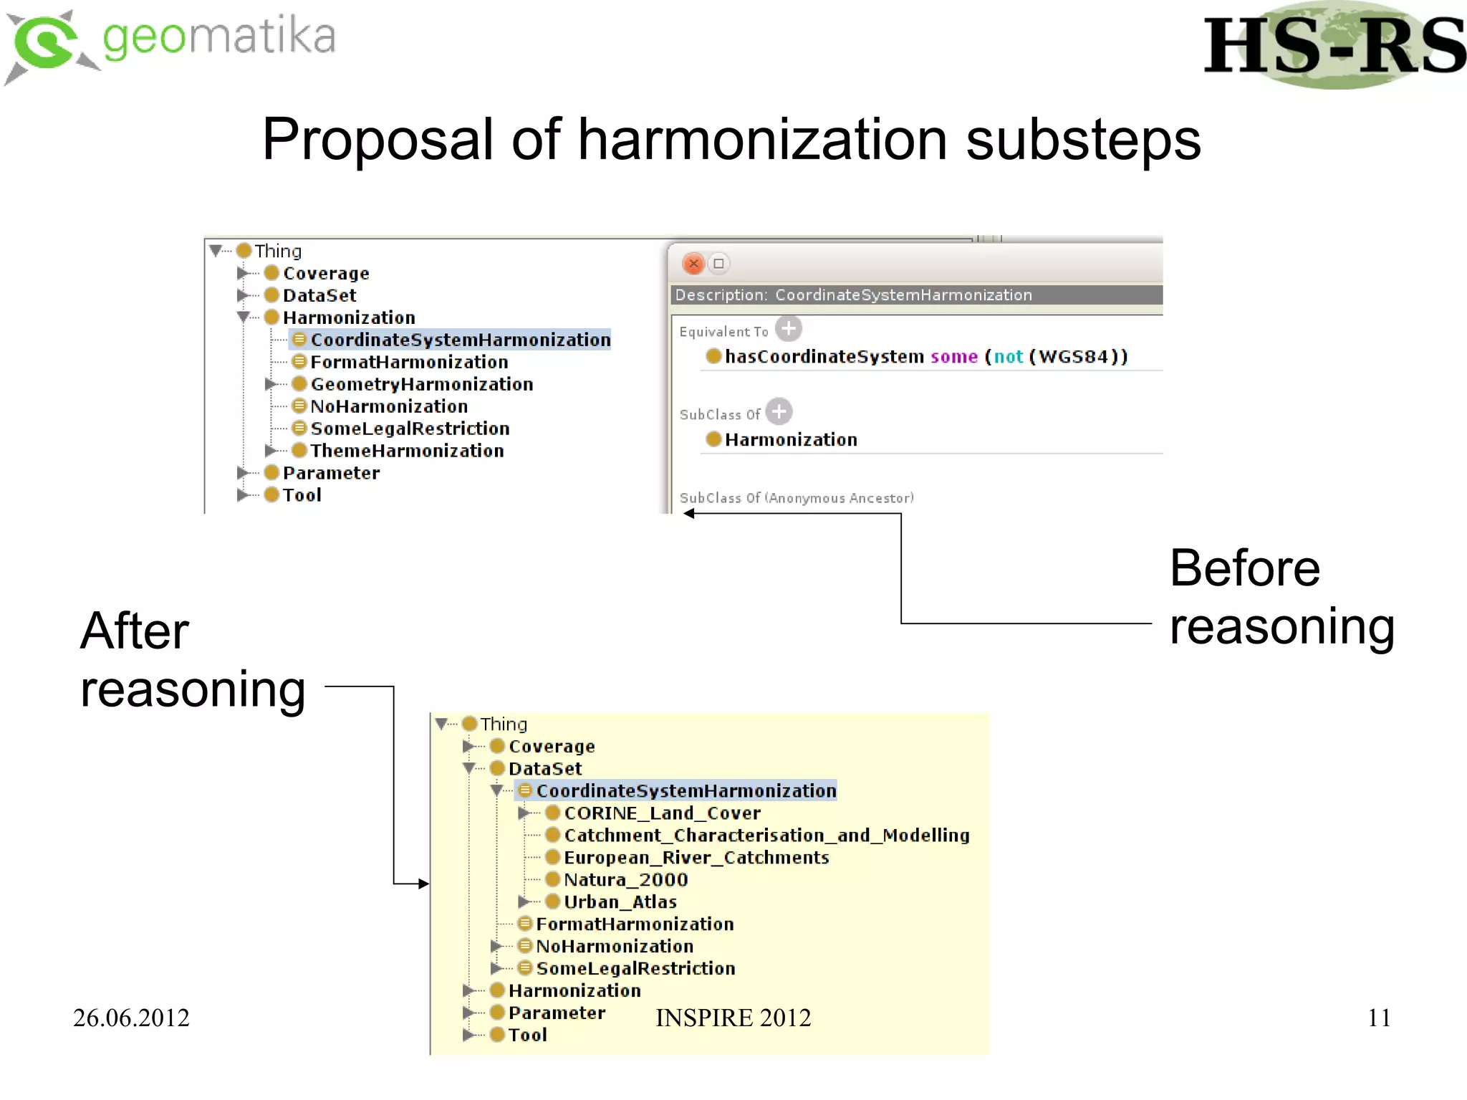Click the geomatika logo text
[x=218, y=37]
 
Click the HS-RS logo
[x=1334, y=46]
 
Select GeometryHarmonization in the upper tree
[x=421, y=385]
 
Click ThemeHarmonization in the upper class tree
[x=407, y=451]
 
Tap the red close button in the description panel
[x=693, y=264]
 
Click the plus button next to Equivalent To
[x=789, y=329]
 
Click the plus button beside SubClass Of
[x=779, y=412]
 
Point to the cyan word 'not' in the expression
[x=1008, y=357]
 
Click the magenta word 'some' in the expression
[x=953, y=357]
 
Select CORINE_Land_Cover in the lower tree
[x=662, y=813]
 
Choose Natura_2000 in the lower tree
[x=625, y=880]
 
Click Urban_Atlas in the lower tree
[x=620, y=902]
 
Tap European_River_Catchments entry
[x=696, y=858]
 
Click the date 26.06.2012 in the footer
[x=131, y=1018]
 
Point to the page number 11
[x=1379, y=1018]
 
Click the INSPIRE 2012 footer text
[x=733, y=1018]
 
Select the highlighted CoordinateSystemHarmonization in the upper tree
[x=460, y=340]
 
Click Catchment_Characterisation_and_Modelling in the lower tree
[x=766, y=836]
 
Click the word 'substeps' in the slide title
[x=1082, y=140]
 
